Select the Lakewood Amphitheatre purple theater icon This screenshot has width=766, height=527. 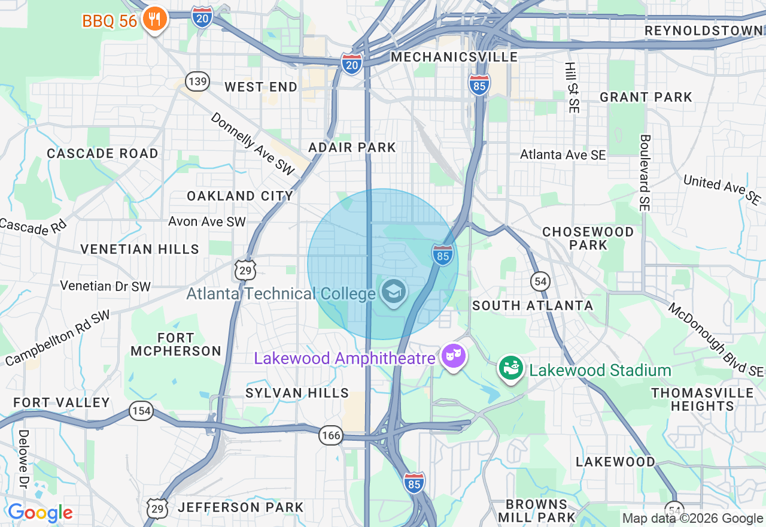(454, 356)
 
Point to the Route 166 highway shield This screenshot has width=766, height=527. (331, 435)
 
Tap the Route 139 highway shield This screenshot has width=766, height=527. (197, 80)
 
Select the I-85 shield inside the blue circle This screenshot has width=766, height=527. (442, 255)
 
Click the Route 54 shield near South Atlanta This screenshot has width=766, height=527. (540, 281)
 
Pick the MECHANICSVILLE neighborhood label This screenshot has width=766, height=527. (454, 57)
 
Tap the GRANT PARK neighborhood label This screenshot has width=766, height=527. (646, 97)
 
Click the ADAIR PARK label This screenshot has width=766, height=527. (352, 147)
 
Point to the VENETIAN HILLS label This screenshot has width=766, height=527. (139, 249)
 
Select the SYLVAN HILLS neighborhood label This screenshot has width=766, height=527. (297, 393)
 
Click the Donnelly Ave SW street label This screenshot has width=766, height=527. (253, 144)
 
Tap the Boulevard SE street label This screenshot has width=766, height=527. (644, 172)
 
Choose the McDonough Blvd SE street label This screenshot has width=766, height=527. (715, 340)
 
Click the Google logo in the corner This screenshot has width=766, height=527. (40, 513)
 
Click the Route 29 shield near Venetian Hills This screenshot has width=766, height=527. (245, 270)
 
